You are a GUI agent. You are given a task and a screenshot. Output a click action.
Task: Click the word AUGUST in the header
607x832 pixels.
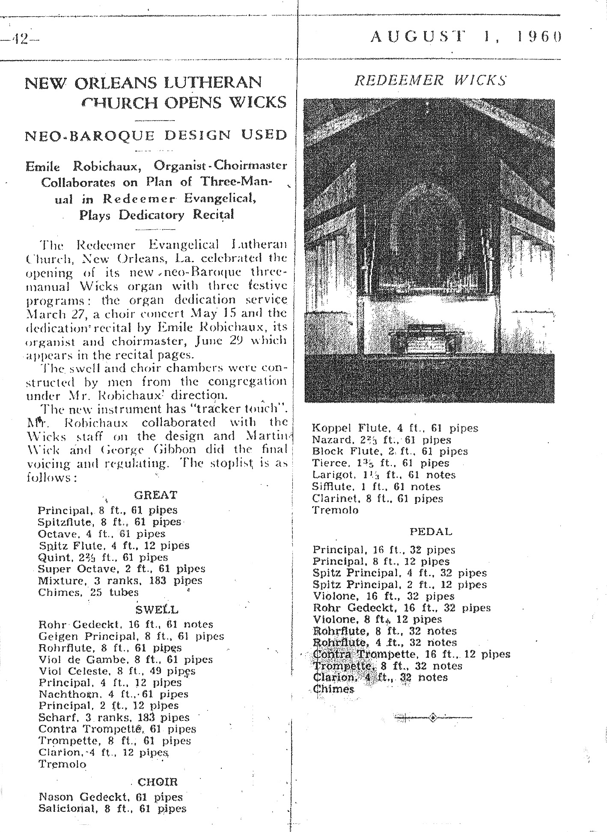[418, 37]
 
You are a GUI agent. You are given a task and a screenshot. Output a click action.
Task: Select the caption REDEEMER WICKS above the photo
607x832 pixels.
[431, 80]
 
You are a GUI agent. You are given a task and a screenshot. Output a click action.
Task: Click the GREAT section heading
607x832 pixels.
[155, 495]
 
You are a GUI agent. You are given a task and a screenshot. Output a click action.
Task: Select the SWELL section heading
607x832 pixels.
[157, 609]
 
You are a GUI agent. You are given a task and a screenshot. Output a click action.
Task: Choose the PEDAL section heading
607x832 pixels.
[431, 532]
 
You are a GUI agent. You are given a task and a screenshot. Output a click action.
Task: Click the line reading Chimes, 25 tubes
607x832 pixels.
[88, 593]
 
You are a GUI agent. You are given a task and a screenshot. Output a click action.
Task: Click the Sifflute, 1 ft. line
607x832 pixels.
[376, 487]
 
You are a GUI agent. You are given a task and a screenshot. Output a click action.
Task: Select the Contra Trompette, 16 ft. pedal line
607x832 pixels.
[411, 654]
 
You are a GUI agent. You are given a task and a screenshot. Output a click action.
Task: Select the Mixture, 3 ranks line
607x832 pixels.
[120, 581]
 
